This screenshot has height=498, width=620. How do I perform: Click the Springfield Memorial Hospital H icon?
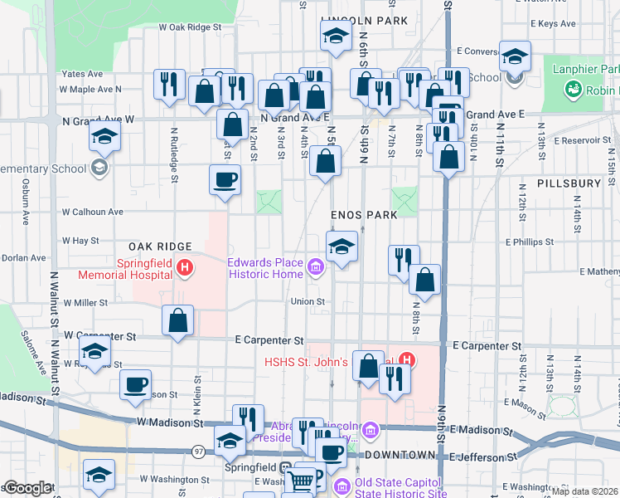coord(186,268)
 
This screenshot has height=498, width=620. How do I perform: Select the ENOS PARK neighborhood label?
coord(365,214)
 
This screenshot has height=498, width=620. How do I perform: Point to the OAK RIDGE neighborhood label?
coord(160,247)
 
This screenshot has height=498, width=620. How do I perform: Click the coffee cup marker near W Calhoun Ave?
coord(225,180)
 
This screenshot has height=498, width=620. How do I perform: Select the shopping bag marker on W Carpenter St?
coord(178,320)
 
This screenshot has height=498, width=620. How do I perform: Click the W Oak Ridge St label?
coord(191,27)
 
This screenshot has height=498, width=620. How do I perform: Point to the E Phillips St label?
coord(529,242)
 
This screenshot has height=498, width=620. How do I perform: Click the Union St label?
coord(301,301)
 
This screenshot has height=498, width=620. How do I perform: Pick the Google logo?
coord(27,488)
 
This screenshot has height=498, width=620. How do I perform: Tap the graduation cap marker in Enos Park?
coord(341,247)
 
